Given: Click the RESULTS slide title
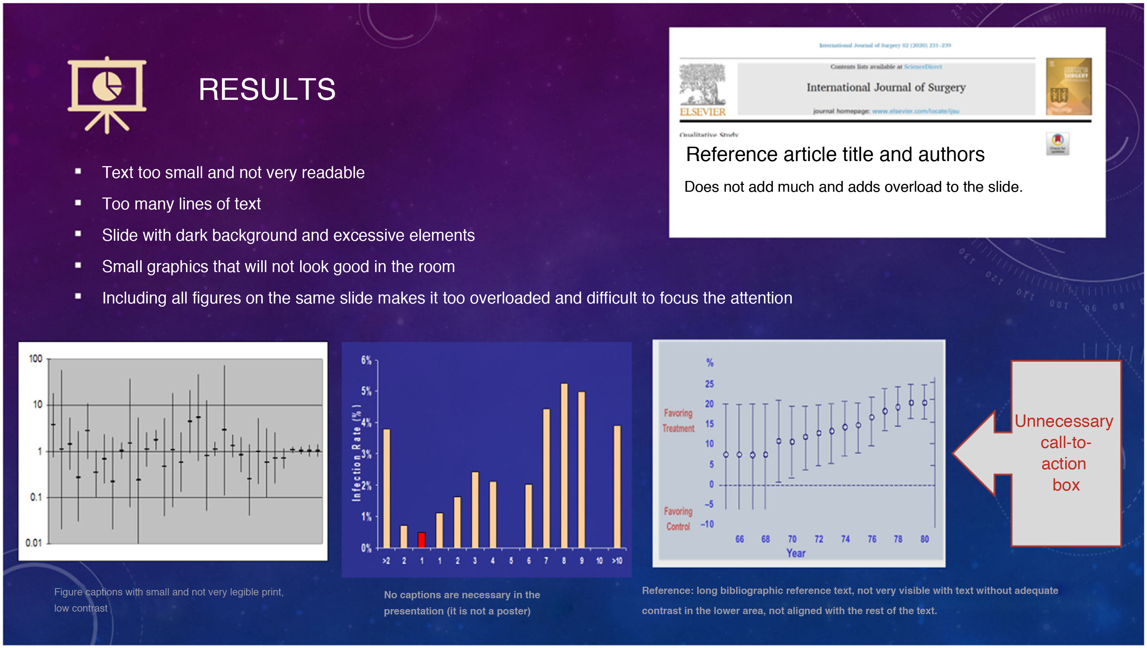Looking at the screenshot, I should pyautogui.click(x=267, y=89).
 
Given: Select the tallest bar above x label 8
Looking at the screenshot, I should pyautogui.click(x=564, y=465).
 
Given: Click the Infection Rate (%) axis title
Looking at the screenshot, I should pyautogui.click(x=356, y=453).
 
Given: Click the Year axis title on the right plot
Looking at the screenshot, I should pyautogui.click(x=796, y=553).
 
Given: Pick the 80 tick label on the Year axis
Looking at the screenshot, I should pyautogui.click(x=924, y=539).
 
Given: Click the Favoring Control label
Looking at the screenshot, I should pyautogui.click(x=678, y=519).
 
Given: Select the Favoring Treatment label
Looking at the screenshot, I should pyautogui.click(x=678, y=421).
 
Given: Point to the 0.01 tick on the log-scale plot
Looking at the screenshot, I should pyautogui.click(x=34, y=543).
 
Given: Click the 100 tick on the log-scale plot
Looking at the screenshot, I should pyautogui.click(x=36, y=359).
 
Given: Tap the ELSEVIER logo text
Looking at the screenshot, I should pyautogui.click(x=703, y=112).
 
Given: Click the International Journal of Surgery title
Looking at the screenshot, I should pyautogui.click(x=886, y=87).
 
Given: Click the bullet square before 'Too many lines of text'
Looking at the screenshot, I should pyautogui.click(x=78, y=203).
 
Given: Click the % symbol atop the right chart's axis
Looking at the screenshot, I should pyautogui.click(x=710, y=363).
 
